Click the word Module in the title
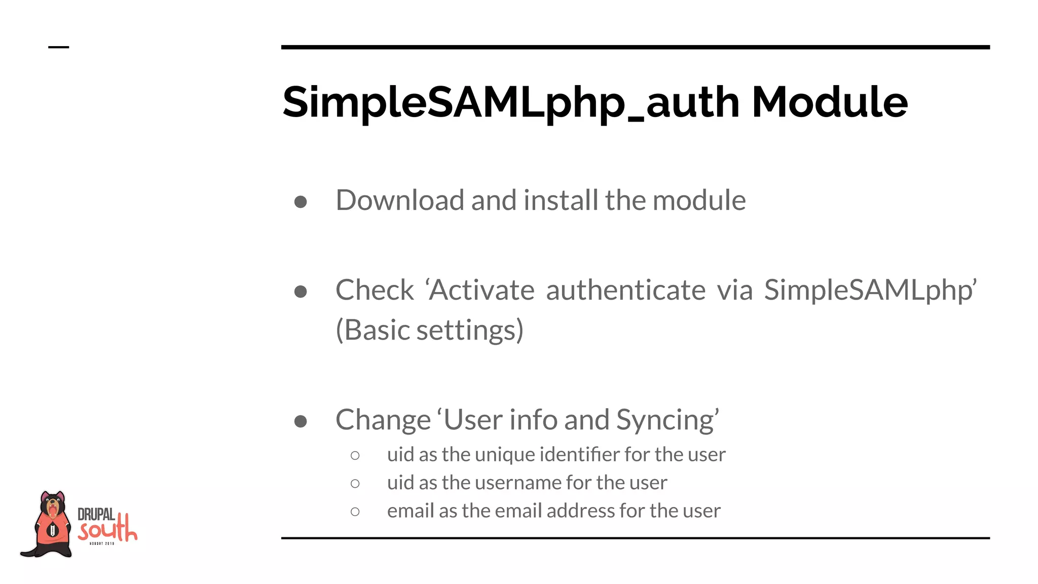click(x=829, y=102)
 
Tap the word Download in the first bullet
click(x=400, y=200)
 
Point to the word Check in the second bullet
click(x=375, y=290)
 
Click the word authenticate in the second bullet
click(x=625, y=290)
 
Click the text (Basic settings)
click(x=429, y=331)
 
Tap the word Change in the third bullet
click(x=383, y=420)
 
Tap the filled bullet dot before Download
click(x=301, y=202)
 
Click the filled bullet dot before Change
click(x=301, y=421)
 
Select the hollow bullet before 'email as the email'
click(x=355, y=512)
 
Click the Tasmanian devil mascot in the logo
click(x=50, y=525)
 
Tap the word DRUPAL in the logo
click(x=96, y=515)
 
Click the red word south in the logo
click(x=107, y=530)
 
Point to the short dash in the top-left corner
click(x=58, y=47)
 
